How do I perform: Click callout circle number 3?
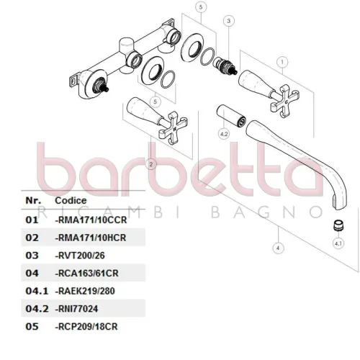click(228, 21)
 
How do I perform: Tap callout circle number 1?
click(282, 62)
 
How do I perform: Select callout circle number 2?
click(151, 164)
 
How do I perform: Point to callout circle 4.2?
click(224, 134)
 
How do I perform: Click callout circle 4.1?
click(338, 243)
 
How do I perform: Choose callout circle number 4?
click(278, 248)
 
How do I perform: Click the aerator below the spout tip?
click(338, 226)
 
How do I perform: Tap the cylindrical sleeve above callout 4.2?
click(231, 116)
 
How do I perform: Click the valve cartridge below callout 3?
click(225, 66)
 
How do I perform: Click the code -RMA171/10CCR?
click(91, 220)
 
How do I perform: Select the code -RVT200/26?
click(80, 256)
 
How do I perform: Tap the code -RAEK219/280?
click(85, 291)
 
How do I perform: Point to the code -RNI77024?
click(76, 309)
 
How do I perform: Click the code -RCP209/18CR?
click(86, 327)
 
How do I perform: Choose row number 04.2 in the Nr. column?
click(37, 309)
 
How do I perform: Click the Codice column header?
click(71, 200)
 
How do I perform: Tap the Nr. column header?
click(33, 200)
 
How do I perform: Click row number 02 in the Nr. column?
click(32, 238)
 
